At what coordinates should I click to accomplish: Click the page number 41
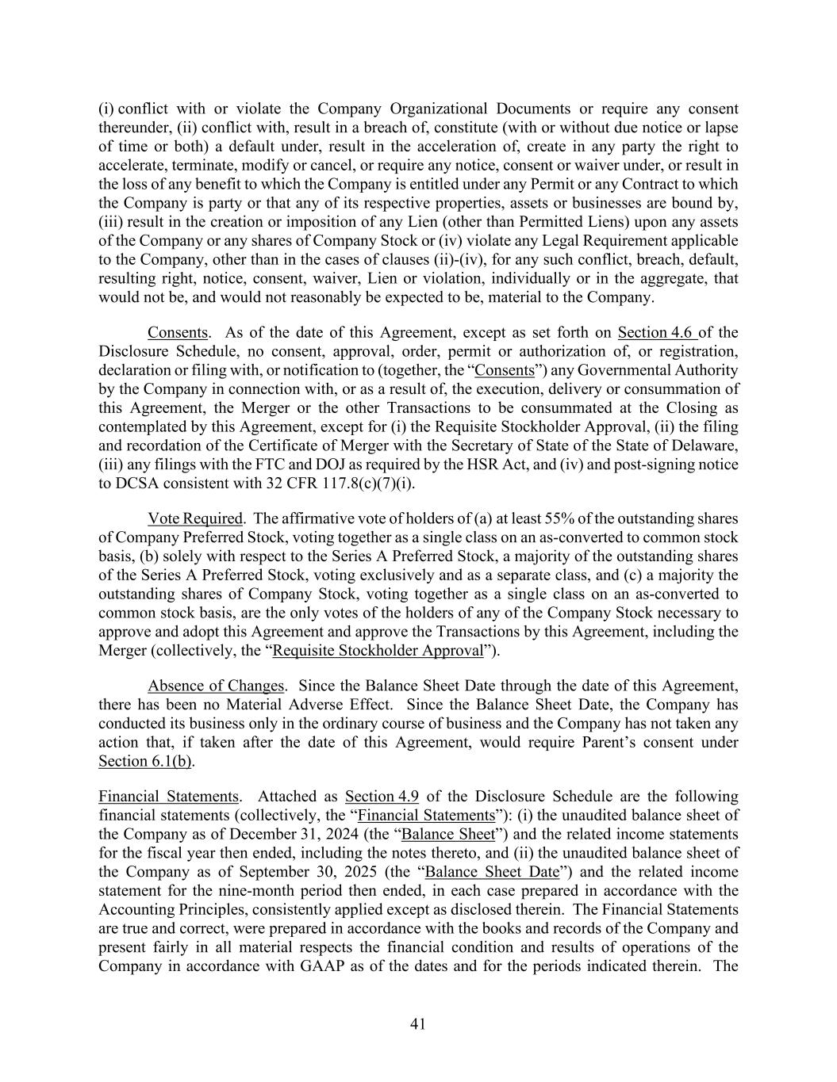[418, 1024]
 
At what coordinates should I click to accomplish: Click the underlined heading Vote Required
[194, 518]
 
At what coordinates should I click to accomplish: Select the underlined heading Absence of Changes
[216, 686]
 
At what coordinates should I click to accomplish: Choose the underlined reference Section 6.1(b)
[146, 762]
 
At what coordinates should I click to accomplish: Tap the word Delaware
[704, 445]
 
